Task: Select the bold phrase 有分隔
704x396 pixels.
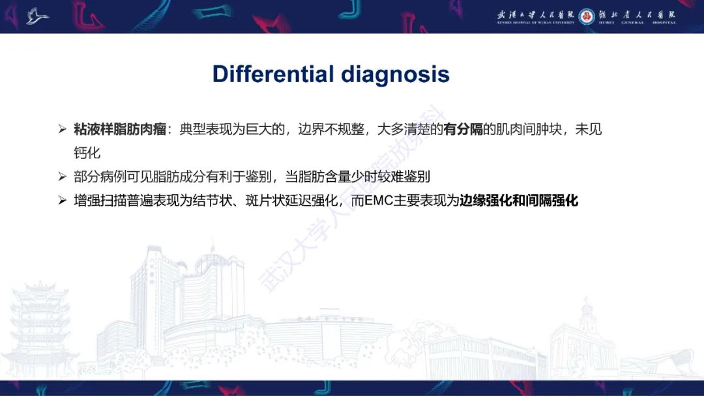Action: pyautogui.click(x=463, y=130)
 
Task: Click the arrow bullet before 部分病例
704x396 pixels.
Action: pyautogui.click(x=63, y=177)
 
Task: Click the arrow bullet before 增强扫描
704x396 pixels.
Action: pyautogui.click(x=63, y=201)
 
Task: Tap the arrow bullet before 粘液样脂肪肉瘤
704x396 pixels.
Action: pyautogui.click(x=63, y=130)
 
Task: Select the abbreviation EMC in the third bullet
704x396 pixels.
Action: pyautogui.click(x=378, y=201)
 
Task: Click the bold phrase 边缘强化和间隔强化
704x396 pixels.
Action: pyautogui.click(x=519, y=201)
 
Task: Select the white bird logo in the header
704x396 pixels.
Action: pyautogui.click(x=38, y=16)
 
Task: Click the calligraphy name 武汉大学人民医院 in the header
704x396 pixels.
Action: pyautogui.click(x=534, y=14)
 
